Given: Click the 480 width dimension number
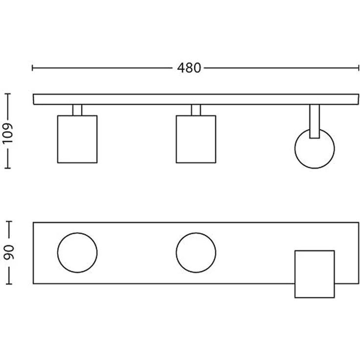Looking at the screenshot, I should (x=189, y=68).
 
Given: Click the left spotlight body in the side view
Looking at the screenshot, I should (x=77, y=139).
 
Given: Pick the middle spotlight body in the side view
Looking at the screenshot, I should (x=196, y=139).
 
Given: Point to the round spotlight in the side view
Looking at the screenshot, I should (x=315, y=149).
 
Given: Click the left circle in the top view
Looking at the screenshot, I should (x=77, y=253).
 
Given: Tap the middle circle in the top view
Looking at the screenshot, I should (x=196, y=253).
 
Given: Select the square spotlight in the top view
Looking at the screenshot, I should (x=315, y=274).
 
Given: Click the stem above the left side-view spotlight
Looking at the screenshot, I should (x=77, y=110).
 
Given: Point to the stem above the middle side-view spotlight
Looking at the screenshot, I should (x=196, y=110).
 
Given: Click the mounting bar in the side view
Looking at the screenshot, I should (x=196, y=99).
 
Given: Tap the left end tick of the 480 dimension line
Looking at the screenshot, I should (x=32, y=68).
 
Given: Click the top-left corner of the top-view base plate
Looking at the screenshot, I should (x=33, y=223).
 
